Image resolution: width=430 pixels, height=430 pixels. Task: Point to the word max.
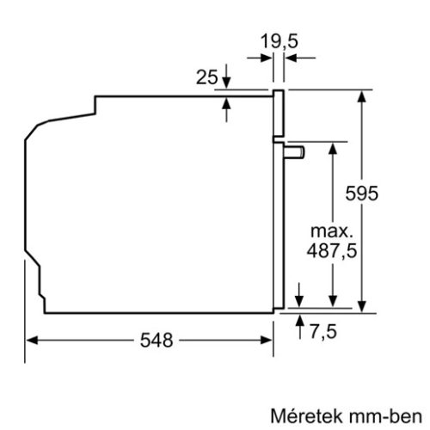332,231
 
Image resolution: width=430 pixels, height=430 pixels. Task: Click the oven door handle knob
296,151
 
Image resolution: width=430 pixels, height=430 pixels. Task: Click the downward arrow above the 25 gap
227,83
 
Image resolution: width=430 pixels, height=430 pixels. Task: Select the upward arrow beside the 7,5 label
299,319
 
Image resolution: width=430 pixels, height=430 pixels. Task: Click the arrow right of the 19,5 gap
290,58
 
